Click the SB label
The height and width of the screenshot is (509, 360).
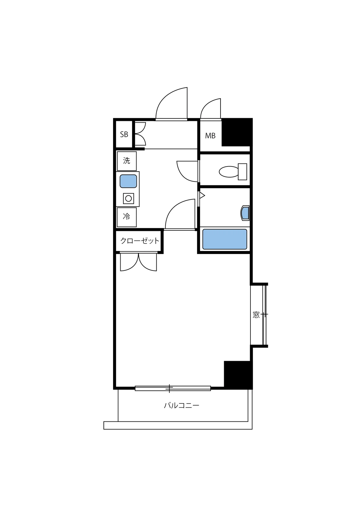124,134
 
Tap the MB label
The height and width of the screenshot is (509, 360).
210,136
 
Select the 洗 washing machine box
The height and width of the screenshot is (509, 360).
127,161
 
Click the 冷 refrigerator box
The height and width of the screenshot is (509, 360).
127,217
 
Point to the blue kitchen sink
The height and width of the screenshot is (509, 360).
128,181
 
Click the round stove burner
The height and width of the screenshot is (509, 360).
128,198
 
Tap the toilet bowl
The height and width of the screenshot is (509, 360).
229,172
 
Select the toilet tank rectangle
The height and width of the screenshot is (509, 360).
242,172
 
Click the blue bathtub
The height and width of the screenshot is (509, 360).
224,239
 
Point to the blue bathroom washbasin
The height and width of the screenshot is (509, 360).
245,213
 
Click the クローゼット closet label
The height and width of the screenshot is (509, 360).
139,241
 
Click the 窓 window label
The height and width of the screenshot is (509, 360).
256,315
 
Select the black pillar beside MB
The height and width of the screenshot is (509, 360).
237,133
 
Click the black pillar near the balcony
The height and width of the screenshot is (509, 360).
238,375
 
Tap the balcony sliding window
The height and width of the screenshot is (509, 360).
173,388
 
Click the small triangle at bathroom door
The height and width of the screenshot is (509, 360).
202,195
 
